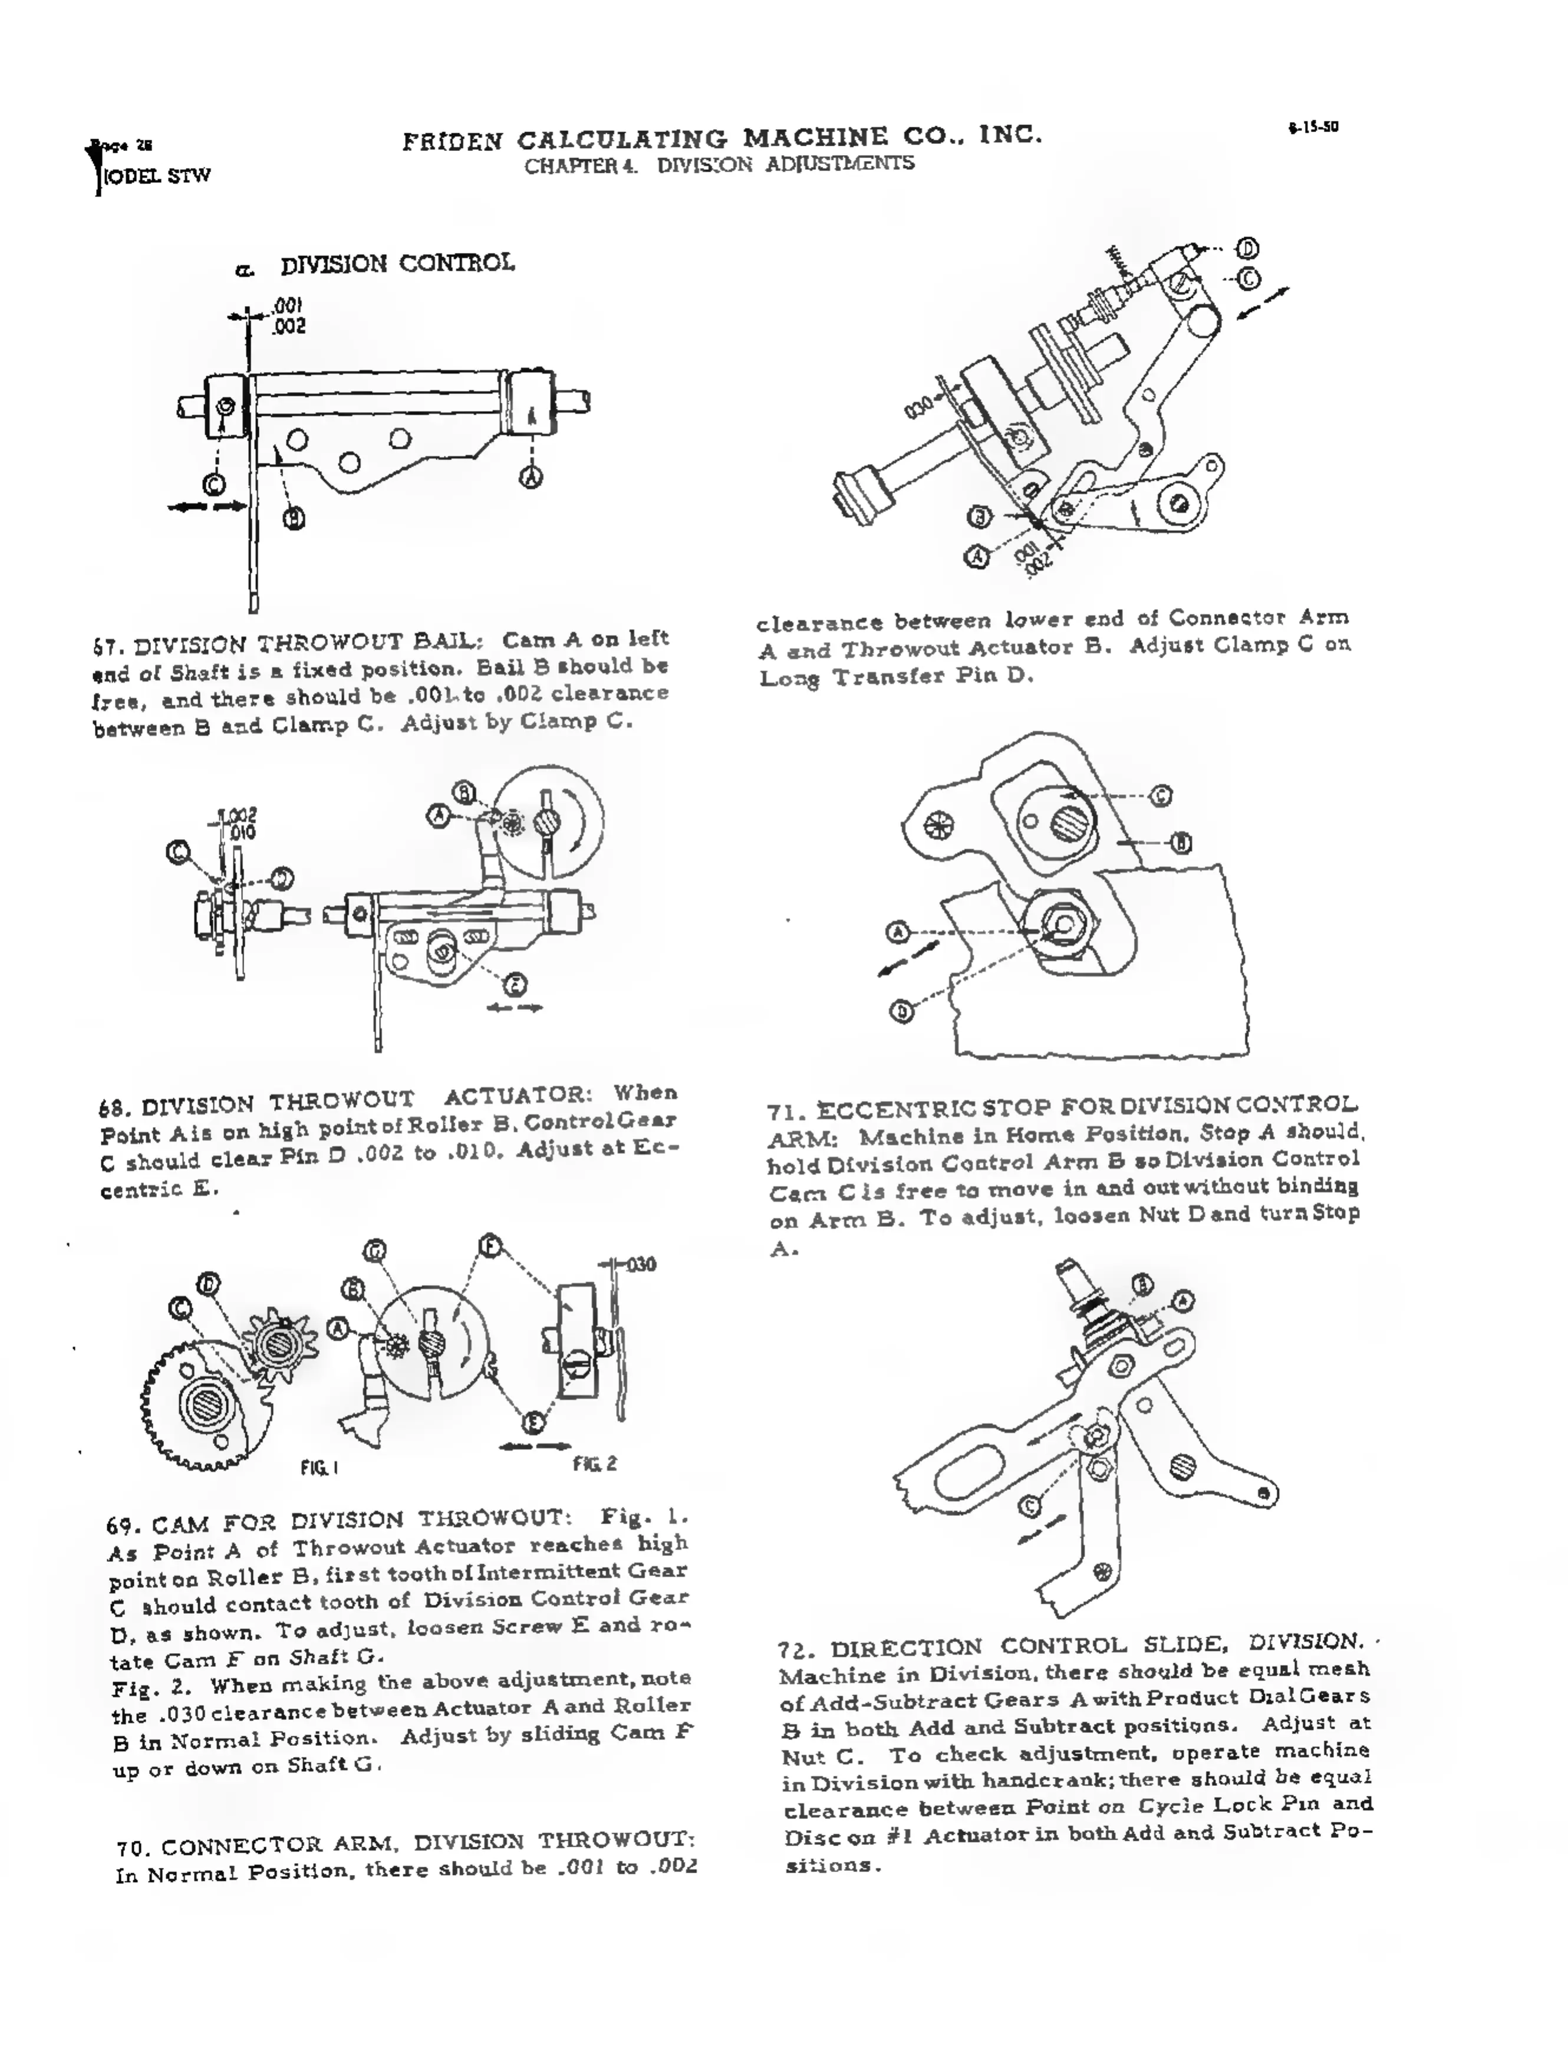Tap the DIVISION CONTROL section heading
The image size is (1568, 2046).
pyautogui.click(x=397, y=264)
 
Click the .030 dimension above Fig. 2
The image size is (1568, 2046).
pyautogui.click(x=640, y=1265)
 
